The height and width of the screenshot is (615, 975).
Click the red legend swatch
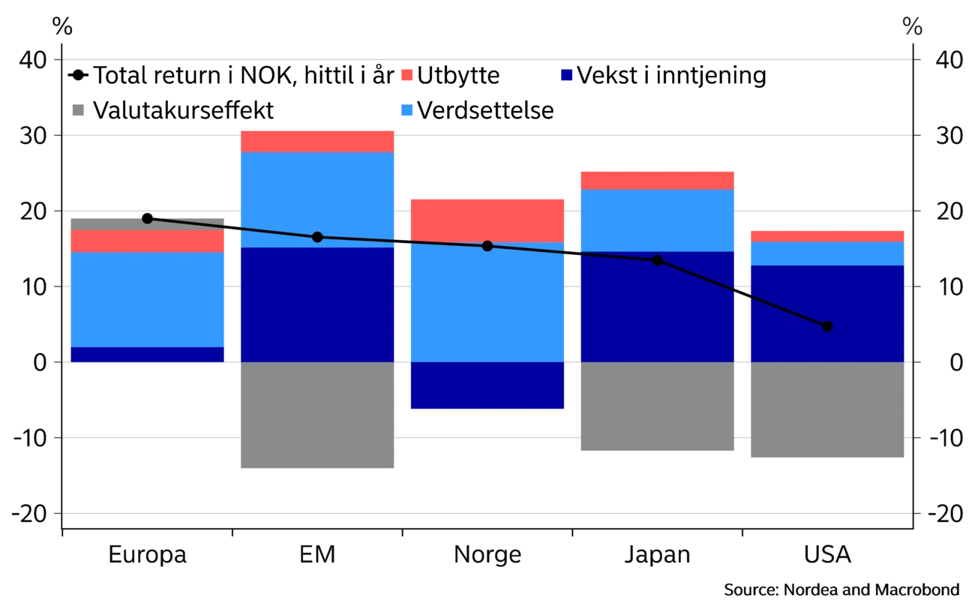pyautogui.click(x=406, y=75)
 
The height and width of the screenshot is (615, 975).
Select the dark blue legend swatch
pyautogui.click(x=566, y=75)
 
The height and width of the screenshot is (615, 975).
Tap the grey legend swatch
pyautogui.click(x=78, y=111)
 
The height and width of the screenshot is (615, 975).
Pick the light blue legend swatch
pyautogui.click(x=406, y=111)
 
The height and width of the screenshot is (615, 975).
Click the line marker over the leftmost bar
pyautogui.click(x=147, y=218)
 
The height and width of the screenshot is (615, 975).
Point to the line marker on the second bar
pyautogui.click(x=317, y=237)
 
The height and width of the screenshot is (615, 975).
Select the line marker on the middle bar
pyautogui.click(x=487, y=246)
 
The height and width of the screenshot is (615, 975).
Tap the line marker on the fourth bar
pyautogui.click(x=658, y=260)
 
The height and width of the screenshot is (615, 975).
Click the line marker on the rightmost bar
pyautogui.click(x=827, y=326)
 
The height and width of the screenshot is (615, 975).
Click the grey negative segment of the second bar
pyautogui.click(x=317, y=418)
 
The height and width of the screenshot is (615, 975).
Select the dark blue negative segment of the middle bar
pyautogui.click(x=487, y=385)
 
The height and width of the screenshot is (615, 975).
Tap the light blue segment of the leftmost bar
pyautogui.click(x=147, y=299)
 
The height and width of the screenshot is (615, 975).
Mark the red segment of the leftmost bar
pyautogui.click(x=147, y=241)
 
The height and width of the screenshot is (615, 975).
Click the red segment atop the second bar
pyautogui.click(x=317, y=141)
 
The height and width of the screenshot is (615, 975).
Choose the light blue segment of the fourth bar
pyautogui.click(x=658, y=220)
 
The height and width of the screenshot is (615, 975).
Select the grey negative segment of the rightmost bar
pyautogui.click(x=827, y=412)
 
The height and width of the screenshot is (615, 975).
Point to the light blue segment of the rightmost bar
pyautogui.click(x=827, y=253)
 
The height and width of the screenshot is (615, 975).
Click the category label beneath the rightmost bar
pyautogui.click(x=827, y=553)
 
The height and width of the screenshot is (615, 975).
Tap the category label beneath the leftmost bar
pyautogui.click(x=147, y=553)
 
